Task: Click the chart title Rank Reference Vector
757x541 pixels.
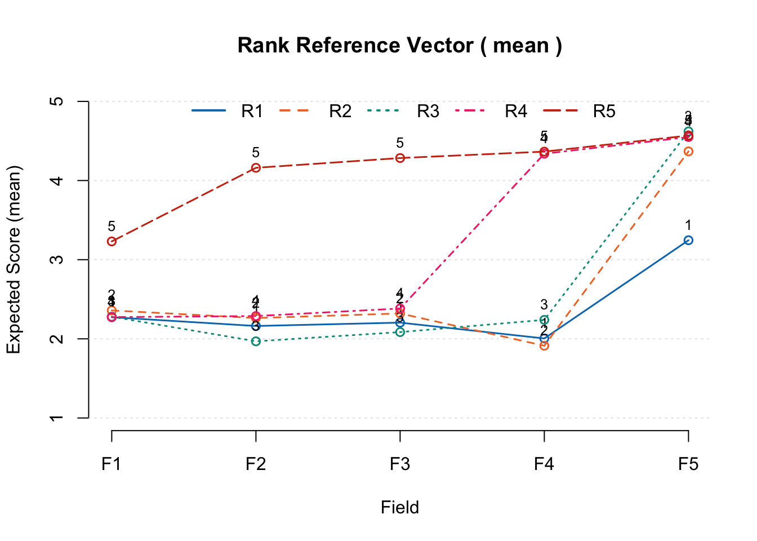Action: pyautogui.click(x=399, y=45)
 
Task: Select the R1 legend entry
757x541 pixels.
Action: pyautogui.click(x=252, y=112)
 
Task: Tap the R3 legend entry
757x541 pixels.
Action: pyautogui.click(x=428, y=112)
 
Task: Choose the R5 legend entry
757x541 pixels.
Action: pyautogui.click(x=604, y=112)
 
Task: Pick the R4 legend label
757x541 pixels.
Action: pyautogui.click(x=516, y=112)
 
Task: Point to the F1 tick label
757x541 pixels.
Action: pyautogui.click(x=112, y=464)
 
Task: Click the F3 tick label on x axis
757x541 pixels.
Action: pyautogui.click(x=400, y=464)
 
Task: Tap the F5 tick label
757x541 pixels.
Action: pyautogui.click(x=688, y=464)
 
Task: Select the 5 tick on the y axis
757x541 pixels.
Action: pyautogui.click(x=56, y=101)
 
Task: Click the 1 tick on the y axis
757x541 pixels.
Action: pyautogui.click(x=56, y=418)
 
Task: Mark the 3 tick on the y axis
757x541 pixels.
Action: pyautogui.click(x=56, y=260)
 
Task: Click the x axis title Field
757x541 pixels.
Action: pyautogui.click(x=400, y=507)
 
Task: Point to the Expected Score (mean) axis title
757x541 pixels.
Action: pyautogui.click(x=14, y=260)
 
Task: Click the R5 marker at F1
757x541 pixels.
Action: pyautogui.click(x=112, y=241)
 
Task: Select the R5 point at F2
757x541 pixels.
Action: pyautogui.click(x=256, y=168)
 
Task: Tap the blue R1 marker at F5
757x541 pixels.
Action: pyautogui.click(x=688, y=240)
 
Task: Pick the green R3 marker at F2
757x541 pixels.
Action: pyautogui.click(x=256, y=341)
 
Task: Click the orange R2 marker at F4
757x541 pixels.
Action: pyautogui.click(x=544, y=345)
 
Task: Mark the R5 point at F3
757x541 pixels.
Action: pyautogui.click(x=400, y=158)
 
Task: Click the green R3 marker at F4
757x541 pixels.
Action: pyautogui.click(x=544, y=320)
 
